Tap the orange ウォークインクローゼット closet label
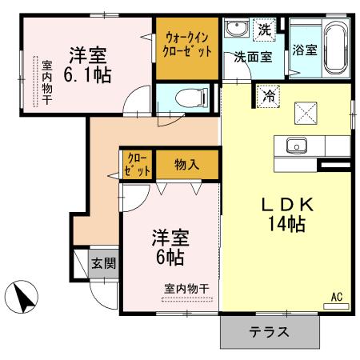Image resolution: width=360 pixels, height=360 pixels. pyautogui.click(x=189, y=44)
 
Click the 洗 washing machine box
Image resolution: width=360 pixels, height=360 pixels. pyautogui.click(x=264, y=30)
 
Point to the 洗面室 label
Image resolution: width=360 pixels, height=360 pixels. pyautogui.click(x=250, y=58)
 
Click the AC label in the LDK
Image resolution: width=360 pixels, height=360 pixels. pyautogui.click(x=337, y=298)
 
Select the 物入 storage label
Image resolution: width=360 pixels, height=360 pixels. pyautogui.click(x=187, y=165)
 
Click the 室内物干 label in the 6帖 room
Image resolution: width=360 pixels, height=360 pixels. pyautogui.click(x=186, y=289)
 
